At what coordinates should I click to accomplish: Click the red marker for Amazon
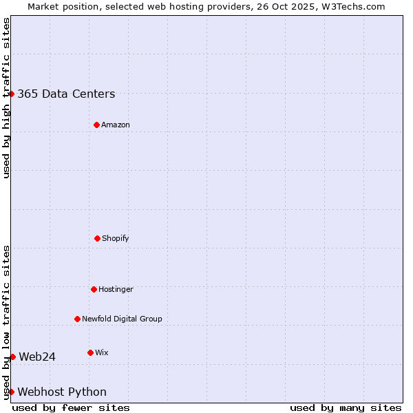96,125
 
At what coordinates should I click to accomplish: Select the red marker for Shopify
97,238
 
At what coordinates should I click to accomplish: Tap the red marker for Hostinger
94,289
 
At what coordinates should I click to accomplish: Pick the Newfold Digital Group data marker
77,319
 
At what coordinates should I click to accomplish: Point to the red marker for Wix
90,352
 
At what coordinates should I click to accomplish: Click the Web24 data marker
12,357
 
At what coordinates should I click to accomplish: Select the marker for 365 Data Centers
12,94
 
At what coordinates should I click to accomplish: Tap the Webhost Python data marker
12,392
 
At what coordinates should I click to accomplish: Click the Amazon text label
116,125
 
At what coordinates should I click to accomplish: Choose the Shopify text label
116,238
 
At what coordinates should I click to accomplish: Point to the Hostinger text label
116,289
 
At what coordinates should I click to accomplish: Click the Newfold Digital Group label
122,319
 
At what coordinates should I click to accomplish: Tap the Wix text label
102,352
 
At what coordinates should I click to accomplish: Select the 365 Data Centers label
66,94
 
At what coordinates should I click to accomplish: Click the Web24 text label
37,357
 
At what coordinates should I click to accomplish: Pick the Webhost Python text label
62,392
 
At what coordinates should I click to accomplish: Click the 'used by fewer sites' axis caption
71,407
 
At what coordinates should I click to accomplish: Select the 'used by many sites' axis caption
346,407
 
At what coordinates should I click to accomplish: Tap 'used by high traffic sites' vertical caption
6,98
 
